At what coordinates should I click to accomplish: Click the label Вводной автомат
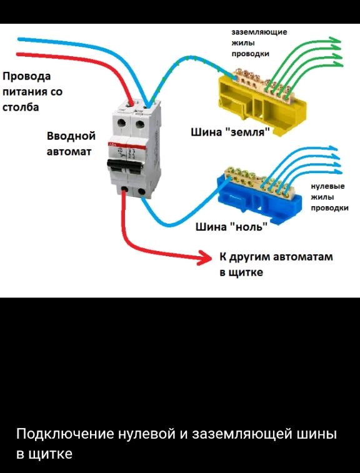71,144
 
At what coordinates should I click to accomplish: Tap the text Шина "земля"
230,132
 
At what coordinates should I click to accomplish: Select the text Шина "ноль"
231,227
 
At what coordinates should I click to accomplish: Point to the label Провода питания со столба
32,92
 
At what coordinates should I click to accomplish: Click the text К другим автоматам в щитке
276,264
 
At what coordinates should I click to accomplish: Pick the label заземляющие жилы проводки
259,43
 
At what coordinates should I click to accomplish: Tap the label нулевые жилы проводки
329,197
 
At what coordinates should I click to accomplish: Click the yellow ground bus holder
262,106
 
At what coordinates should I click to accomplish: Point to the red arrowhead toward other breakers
206,257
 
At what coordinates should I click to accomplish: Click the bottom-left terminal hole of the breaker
124,189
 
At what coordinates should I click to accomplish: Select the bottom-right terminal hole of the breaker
141,191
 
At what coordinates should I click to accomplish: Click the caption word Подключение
66,435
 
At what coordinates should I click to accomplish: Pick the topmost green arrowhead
334,41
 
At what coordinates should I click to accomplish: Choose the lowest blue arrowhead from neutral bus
336,172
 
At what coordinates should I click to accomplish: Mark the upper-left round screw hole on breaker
122,122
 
